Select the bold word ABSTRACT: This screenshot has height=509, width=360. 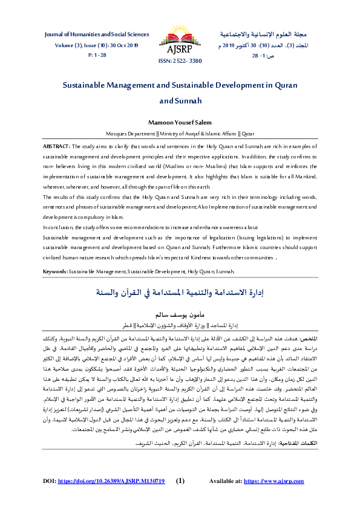pyautogui.click(x=57, y=147)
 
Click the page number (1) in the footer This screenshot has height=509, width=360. pyautogui.click(x=180, y=481)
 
